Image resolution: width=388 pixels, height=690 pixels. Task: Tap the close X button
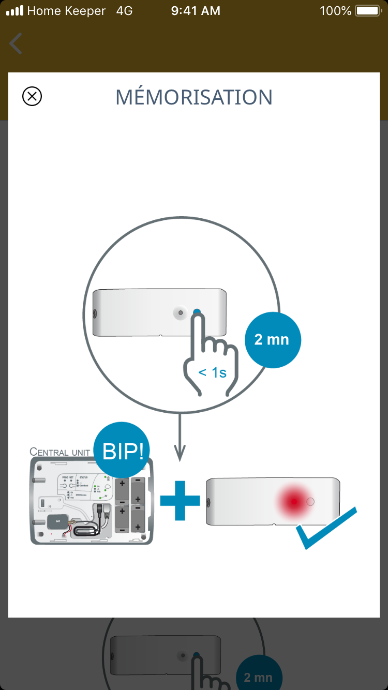click(x=32, y=96)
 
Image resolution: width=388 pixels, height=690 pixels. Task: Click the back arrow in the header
click(x=16, y=43)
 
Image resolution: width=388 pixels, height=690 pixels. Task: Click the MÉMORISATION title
click(x=194, y=97)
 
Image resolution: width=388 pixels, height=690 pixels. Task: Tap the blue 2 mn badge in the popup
click(x=272, y=340)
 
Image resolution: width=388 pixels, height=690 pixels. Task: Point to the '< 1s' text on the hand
click(x=213, y=372)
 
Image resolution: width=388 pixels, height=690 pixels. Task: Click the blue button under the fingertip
click(x=197, y=312)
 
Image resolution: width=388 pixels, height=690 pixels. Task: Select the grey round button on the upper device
click(x=180, y=312)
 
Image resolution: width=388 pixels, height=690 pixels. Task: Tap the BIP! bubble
click(x=123, y=452)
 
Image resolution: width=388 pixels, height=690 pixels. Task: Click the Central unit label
click(x=60, y=452)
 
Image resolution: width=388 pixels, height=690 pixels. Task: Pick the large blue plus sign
click(x=180, y=500)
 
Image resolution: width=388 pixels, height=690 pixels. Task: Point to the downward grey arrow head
click(x=180, y=455)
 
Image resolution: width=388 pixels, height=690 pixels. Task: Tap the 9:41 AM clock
click(x=196, y=11)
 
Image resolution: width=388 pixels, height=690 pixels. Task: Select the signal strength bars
click(x=14, y=11)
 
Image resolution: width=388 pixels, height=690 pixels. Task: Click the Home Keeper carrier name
click(x=66, y=11)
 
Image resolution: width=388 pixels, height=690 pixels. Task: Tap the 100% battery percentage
click(x=335, y=11)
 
